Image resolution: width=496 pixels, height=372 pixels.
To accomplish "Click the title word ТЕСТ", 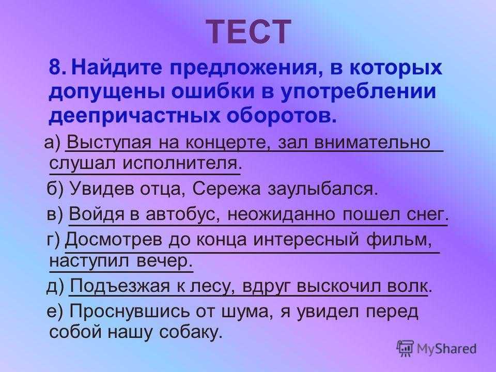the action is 249,32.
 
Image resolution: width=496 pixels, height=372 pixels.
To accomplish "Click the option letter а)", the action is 52,143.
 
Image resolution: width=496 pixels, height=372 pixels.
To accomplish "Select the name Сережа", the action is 226,190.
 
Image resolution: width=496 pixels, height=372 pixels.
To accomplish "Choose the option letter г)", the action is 53,240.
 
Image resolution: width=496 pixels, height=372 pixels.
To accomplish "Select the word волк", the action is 409,287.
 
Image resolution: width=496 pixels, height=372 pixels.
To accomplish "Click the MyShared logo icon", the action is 405,349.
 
